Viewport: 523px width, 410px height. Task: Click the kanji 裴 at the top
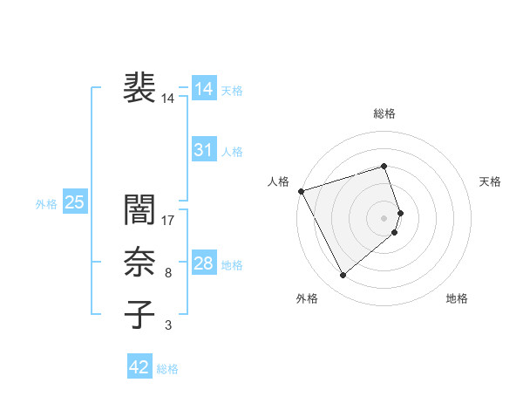[139, 87]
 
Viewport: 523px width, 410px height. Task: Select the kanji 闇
[139, 210]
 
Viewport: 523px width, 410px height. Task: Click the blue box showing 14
[203, 89]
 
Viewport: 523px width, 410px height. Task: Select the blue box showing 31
[203, 150]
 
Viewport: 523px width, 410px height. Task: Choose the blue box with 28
[203, 263]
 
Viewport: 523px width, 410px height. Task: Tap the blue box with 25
[75, 203]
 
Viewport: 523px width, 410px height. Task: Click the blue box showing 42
[139, 367]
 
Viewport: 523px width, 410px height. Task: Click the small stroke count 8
[168, 273]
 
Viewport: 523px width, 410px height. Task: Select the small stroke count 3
[168, 325]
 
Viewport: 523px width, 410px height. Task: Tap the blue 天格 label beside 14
[232, 91]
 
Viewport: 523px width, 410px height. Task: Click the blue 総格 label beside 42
[167, 369]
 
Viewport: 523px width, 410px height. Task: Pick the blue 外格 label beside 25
[46, 204]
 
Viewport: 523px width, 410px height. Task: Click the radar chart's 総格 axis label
[384, 113]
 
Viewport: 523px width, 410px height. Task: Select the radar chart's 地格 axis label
[457, 298]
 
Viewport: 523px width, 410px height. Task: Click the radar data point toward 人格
[301, 190]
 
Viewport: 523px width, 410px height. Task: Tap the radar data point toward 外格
[343, 275]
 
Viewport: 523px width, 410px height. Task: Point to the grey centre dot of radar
[384, 216]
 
